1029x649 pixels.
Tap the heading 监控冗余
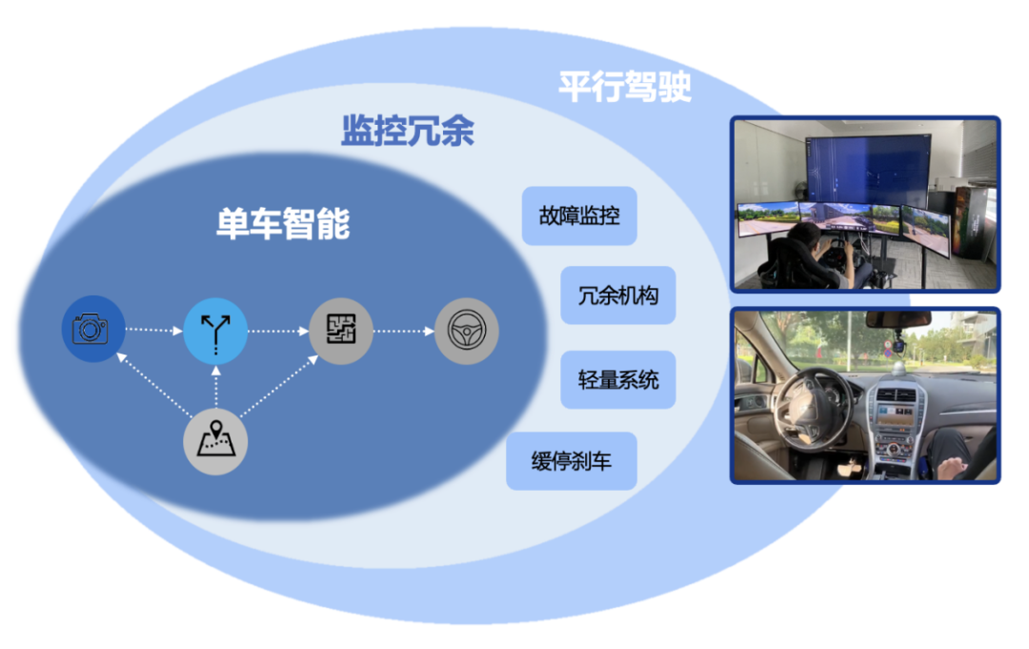408,131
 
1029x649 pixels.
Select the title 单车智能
283,224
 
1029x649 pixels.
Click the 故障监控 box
579,215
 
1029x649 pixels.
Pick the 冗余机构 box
618,296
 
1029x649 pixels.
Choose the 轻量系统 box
618,379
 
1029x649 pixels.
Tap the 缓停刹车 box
571,462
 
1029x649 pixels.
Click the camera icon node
90,330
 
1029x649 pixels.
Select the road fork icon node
215,331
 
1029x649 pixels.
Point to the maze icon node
340,331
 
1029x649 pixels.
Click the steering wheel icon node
466,331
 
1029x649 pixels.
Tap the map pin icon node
215,442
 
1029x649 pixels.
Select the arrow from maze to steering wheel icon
403,331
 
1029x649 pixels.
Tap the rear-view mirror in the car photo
897,320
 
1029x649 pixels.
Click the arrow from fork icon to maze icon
277,331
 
